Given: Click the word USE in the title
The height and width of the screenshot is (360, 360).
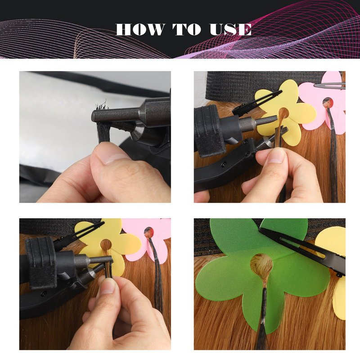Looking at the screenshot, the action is [x=230, y=29].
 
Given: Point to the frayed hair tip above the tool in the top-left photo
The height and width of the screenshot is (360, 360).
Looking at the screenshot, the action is [x=102, y=105].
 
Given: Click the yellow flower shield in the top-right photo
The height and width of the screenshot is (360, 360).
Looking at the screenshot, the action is [x=285, y=112].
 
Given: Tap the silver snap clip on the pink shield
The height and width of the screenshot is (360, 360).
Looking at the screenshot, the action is [x=330, y=86].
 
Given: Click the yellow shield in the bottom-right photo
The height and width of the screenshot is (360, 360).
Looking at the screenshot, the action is [x=333, y=271].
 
